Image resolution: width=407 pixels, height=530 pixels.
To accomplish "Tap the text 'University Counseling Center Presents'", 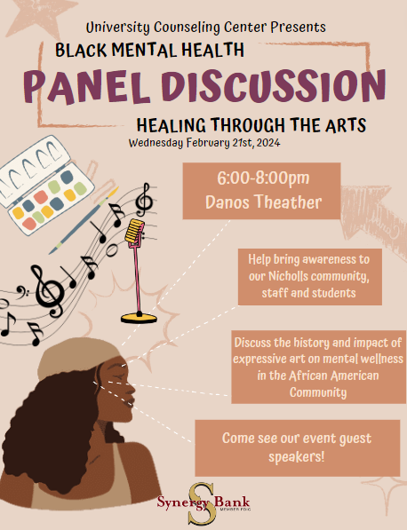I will [205, 28].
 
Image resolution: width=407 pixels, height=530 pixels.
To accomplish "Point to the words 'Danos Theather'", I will [251, 202].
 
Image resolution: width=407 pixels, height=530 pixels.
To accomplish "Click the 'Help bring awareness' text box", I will [309, 276].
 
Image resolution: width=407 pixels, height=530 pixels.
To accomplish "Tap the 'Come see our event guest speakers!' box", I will [296, 446].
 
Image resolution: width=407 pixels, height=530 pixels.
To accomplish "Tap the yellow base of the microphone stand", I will [140, 316].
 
